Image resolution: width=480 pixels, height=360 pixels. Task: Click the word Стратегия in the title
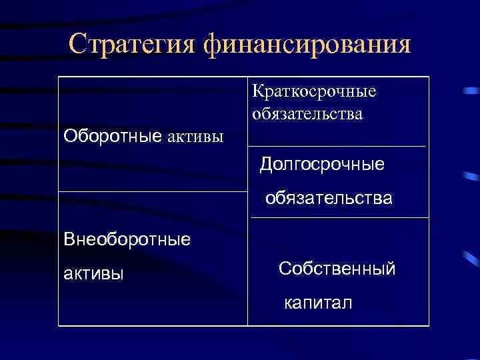131,45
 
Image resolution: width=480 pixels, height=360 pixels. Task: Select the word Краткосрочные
314,91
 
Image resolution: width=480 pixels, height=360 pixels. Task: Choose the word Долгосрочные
322,163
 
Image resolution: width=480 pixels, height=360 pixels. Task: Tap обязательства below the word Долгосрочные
329,198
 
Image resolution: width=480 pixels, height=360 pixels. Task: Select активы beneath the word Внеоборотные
93,274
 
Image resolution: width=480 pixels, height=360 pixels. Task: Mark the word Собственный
337,269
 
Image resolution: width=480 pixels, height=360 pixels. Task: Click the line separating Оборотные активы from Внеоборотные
153,192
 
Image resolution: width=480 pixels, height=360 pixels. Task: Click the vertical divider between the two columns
247,267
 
